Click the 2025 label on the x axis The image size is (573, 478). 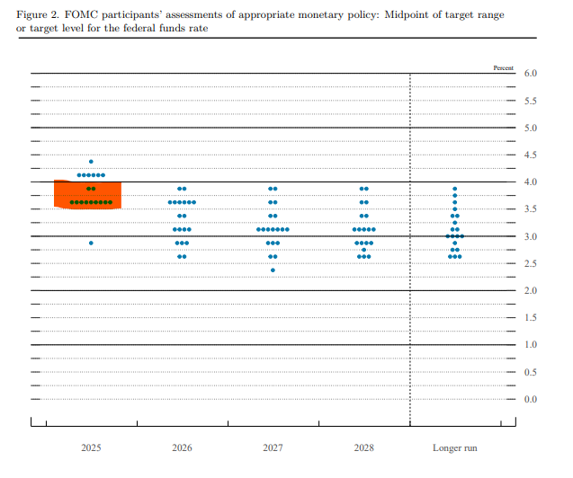91,447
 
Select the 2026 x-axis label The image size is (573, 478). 182,447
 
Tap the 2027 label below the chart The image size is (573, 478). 273,447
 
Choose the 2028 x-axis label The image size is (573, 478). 363,447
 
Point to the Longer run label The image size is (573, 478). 454,447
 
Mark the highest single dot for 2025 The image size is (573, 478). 91,162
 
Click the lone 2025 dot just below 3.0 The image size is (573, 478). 91,243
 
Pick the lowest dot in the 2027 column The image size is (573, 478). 273,270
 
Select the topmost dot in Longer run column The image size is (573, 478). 454,189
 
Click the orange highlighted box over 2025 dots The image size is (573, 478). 88,194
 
